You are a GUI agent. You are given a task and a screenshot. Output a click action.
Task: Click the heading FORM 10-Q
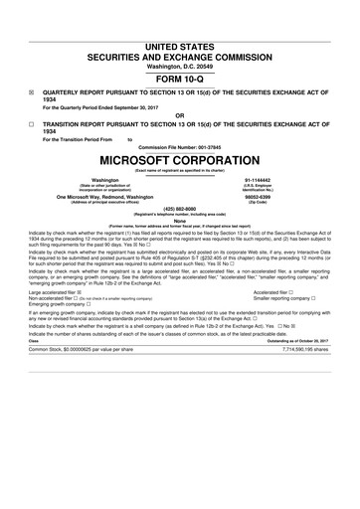coord(180,79)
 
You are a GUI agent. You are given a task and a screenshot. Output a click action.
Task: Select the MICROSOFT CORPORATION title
coord(180,159)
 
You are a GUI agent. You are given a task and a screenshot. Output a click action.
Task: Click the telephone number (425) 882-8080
coord(180,210)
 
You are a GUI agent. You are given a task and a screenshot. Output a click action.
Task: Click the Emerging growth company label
coord(60,305)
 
